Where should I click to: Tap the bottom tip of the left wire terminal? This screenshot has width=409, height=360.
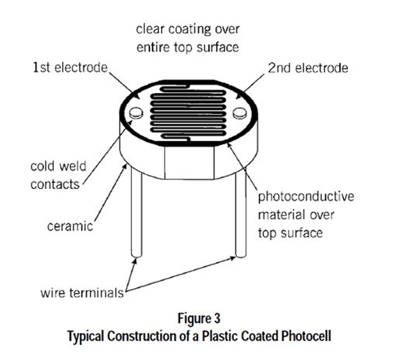pyautogui.click(x=136, y=258)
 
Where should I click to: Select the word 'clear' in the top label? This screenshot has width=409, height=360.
pyautogui.click(x=148, y=29)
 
